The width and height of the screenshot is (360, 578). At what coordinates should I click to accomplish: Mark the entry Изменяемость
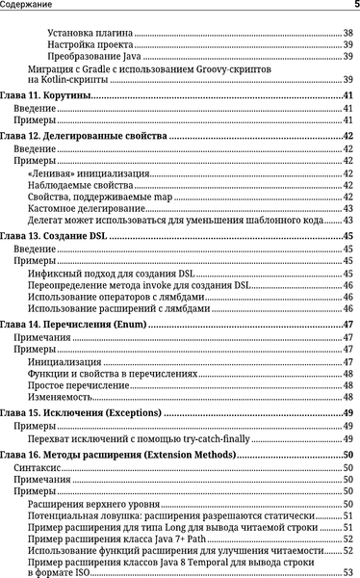click(60, 397)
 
